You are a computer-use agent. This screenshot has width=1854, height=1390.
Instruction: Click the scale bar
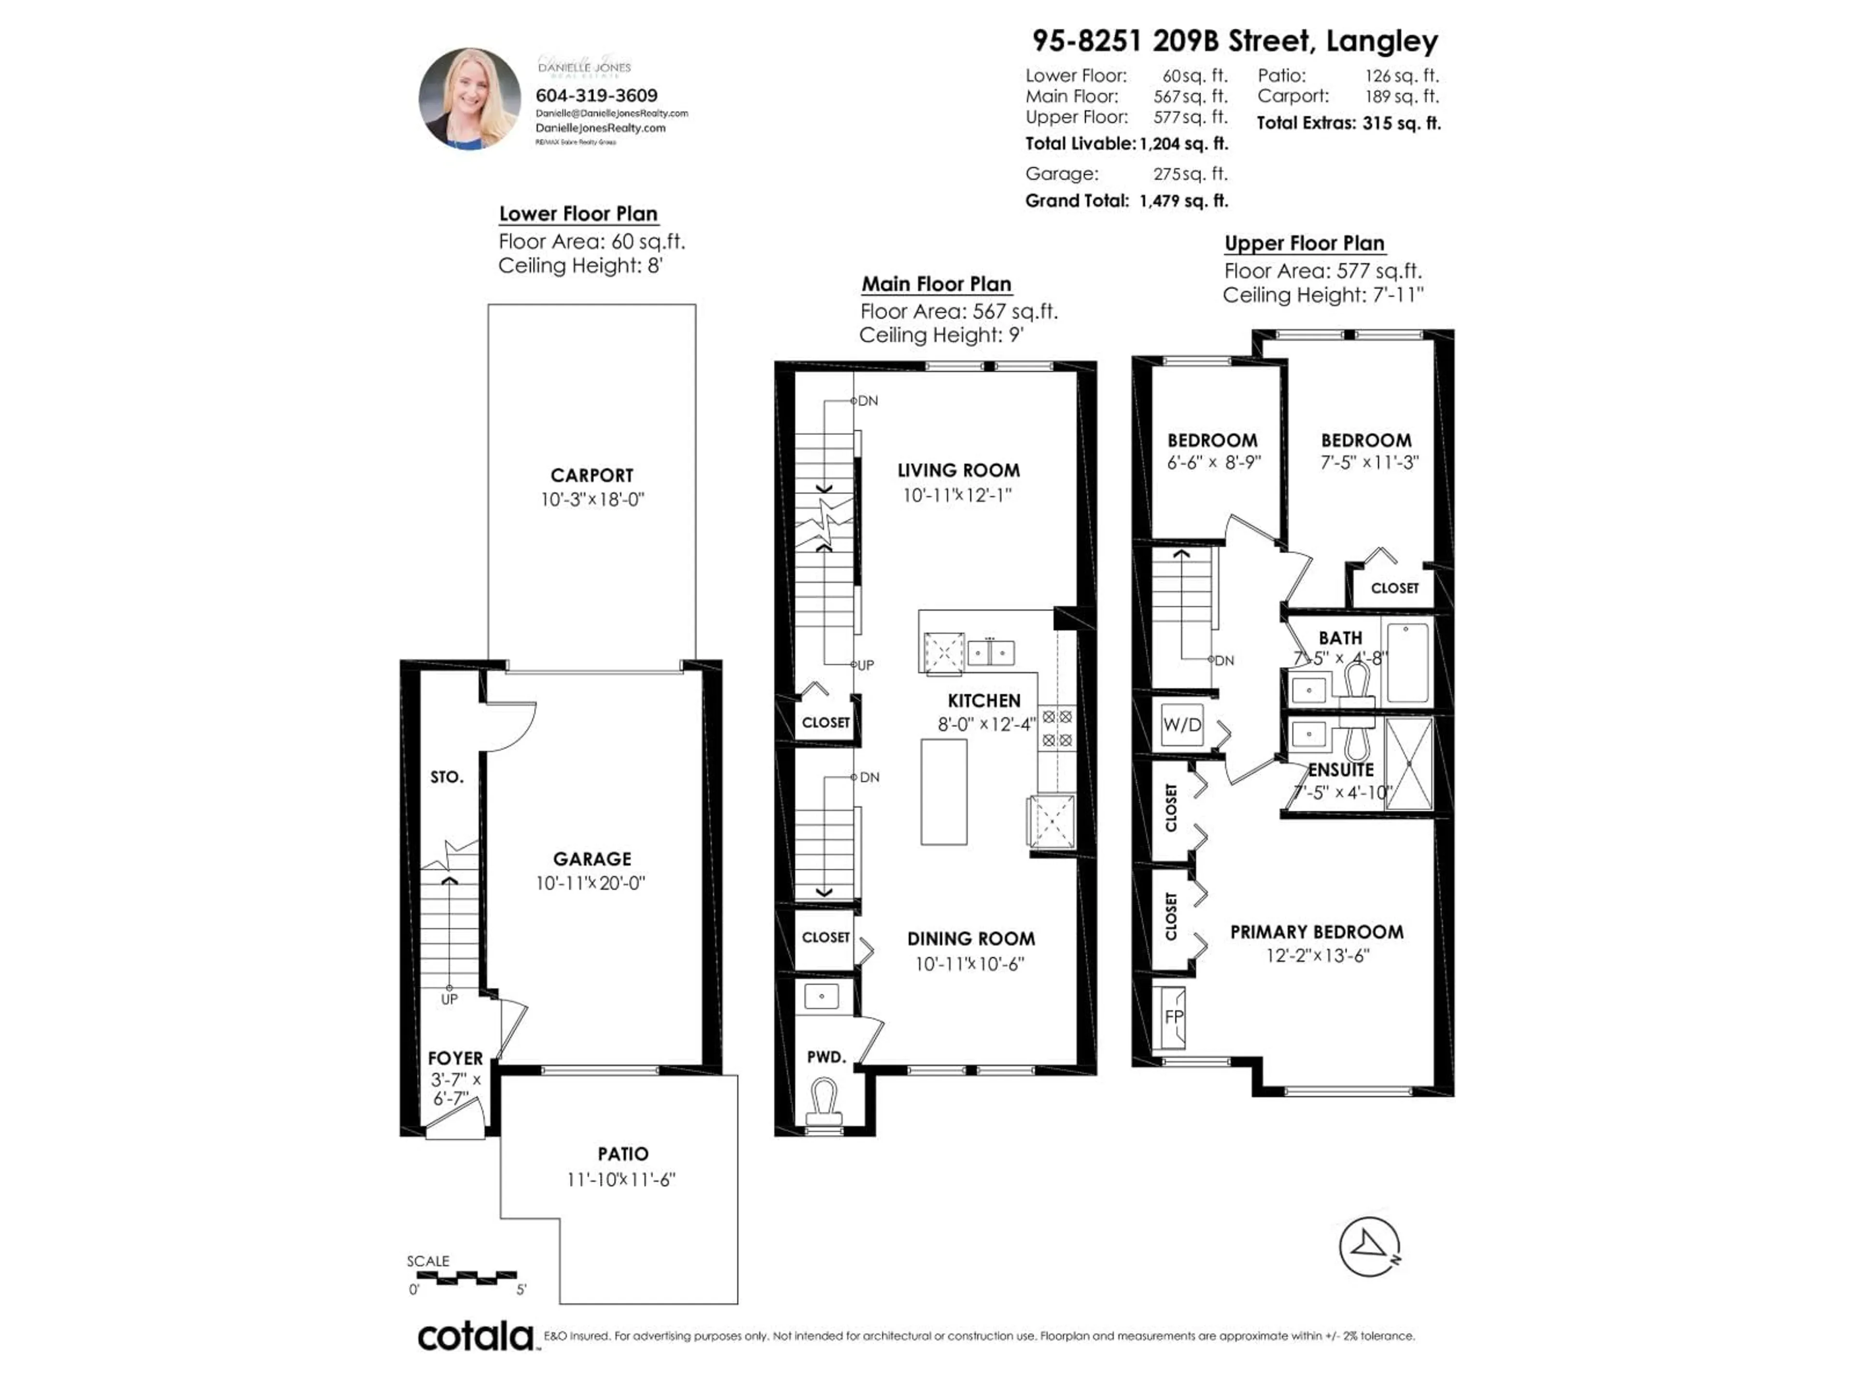point(466,1277)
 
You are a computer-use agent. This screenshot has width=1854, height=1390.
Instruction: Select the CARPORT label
point(592,475)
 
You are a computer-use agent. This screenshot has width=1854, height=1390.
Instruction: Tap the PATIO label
point(623,1154)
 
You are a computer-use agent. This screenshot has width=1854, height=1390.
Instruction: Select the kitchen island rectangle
point(944,792)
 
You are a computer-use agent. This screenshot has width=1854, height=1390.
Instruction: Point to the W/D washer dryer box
point(1182,725)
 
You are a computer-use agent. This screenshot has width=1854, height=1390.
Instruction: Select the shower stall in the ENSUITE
point(1409,763)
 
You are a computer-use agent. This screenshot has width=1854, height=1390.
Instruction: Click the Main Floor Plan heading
point(936,284)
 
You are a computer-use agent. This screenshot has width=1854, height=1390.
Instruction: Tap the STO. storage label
point(447,777)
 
